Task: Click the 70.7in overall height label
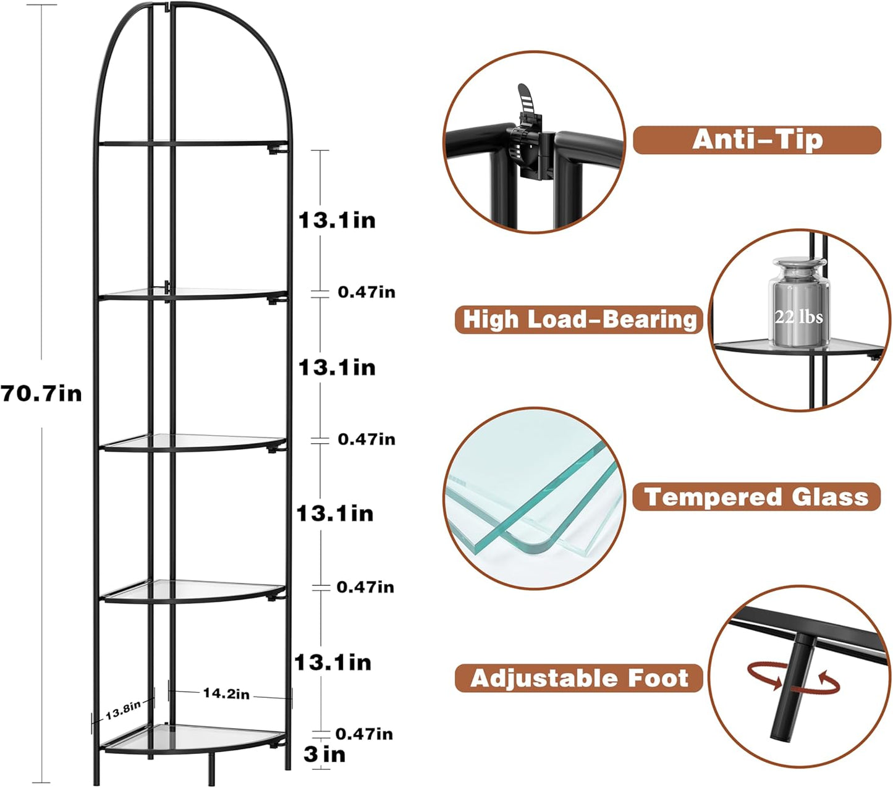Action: [x=41, y=393]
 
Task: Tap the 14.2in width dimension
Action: [x=226, y=694]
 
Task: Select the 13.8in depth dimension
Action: [x=122, y=710]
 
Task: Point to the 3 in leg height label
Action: [x=324, y=754]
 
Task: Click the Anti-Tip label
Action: [x=756, y=140]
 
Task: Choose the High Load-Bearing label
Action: [x=579, y=320]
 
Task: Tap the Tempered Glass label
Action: [x=756, y=497]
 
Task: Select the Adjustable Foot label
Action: [x=579, y=678]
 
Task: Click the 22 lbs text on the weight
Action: [x=798, y=317]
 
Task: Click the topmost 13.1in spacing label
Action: [x=337, y=220]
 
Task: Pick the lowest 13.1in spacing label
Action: [x=333, y=663]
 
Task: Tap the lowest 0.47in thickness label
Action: [x=364, y=734]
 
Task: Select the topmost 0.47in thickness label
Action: [x=366, y=292]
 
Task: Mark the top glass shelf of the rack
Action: [x=192, y=143]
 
